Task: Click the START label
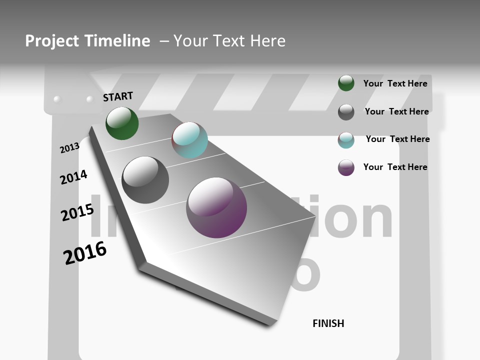pos(118,96)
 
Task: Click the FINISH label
pos(328,323)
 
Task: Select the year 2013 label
pos(69,148)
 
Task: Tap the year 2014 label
pos(73,177)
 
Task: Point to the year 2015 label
pos(77,212)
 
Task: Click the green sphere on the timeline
pos(122,123)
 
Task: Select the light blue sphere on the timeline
pos(189,140)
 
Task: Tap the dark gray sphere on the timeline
pos(145,180)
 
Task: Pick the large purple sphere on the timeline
pos(216,207)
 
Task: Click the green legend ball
pos(346,83)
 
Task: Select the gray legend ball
pos(346,112)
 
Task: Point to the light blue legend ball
pos(346,140)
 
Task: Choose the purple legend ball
pos(346,167)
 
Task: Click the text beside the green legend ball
pos(395,83)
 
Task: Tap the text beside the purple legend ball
pos(395,167)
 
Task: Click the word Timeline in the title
pos(117,41)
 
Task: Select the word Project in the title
pos(52,41)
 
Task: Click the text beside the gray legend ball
pos(396,111)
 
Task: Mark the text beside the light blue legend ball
pos(397,139)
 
